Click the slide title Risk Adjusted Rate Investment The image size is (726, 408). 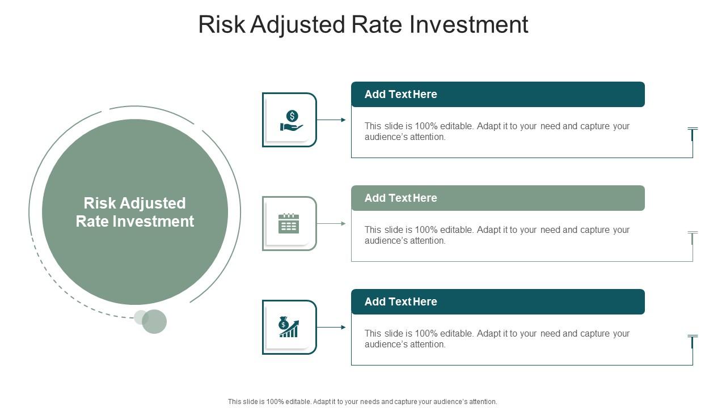[x=363, y=25]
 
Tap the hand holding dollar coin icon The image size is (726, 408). [x=291, y=121]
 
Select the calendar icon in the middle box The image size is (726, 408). [x=289, y=224]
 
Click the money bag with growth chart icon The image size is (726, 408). [x=289, y=327]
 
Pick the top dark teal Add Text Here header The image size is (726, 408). [x=497, y=94]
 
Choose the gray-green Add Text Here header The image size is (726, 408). [x=497, y=198]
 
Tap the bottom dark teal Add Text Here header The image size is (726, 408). [x=497, y=301]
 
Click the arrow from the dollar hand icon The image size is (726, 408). [x=331, y=120]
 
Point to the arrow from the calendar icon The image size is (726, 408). [x=331, y=223]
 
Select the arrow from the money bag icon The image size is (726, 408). [x=331, y=327]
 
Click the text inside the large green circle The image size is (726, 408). [x=135, y=212]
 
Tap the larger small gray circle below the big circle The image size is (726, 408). [x=154, y=321]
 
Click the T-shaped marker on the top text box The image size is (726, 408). [x=692, y=134]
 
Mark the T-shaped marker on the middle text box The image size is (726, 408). [x=692, y=237]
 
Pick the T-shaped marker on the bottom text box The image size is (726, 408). [x=692, y=341]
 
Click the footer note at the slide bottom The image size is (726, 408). [x=362, y=401]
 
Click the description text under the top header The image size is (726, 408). [x=497, y=131]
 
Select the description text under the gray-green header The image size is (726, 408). [x=497, y=235]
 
